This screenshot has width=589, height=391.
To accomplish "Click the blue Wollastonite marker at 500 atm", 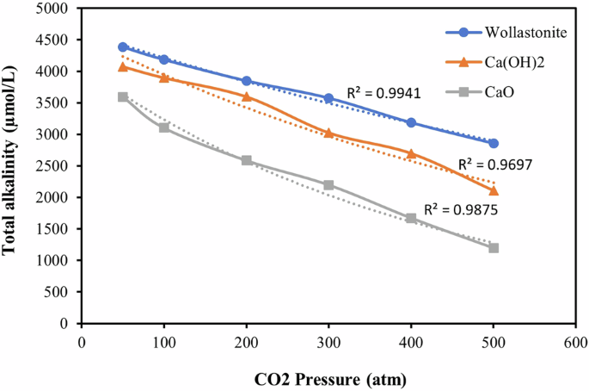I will (x=494, y=143).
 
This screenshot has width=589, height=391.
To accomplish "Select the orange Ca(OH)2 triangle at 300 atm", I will (x=329, y=133).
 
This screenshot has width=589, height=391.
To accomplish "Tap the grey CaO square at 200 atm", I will (x=247, y=160).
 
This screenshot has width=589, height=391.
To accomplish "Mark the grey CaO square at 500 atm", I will (x=494, y=248).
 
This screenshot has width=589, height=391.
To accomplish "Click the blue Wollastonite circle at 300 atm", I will (x=329, y=98).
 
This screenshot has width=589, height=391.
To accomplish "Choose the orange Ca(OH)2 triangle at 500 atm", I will (x=494, y=190).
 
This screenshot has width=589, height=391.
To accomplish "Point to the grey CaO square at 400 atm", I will (x=411, y=219).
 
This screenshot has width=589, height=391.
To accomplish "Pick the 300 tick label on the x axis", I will (x=329, y=343).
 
